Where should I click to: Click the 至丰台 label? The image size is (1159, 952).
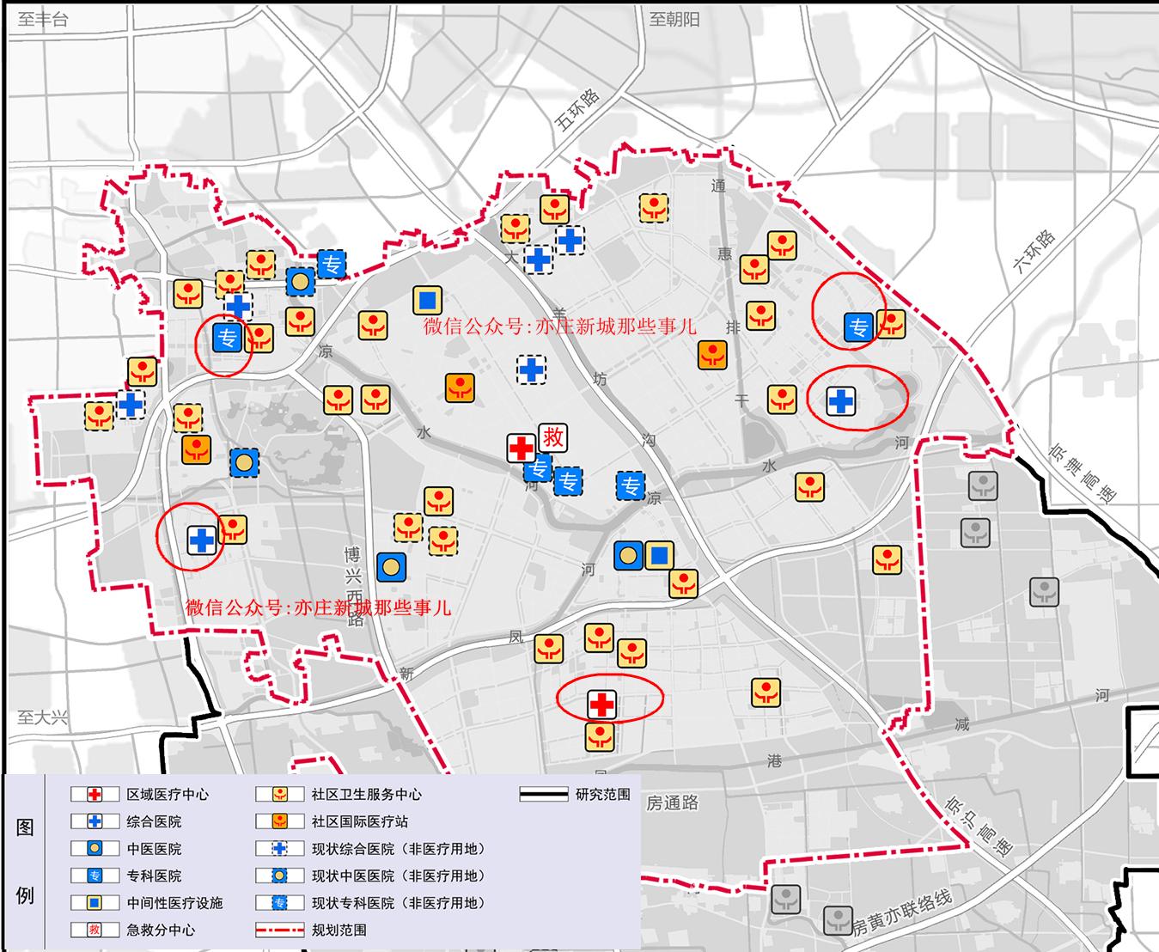click(43, 19)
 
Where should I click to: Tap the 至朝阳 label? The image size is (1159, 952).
click(674, 19)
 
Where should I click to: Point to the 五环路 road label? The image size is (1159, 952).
click(577, 111)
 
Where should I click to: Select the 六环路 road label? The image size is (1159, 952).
click(1034, 251)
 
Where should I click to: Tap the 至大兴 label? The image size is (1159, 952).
click(43, 717)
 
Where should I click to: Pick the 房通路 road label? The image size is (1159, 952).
click(672, 802)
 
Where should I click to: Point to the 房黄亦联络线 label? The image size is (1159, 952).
click(902, 912)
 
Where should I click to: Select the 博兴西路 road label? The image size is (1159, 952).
click(353, 584)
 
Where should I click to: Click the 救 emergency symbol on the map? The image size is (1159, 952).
click(553, 437)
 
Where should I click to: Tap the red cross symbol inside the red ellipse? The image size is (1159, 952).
click(602, 705)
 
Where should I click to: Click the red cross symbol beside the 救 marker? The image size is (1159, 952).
click(522, 448)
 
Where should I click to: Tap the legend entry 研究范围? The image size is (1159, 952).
click(602, 794)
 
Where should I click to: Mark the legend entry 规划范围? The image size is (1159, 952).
click(339, 930)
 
